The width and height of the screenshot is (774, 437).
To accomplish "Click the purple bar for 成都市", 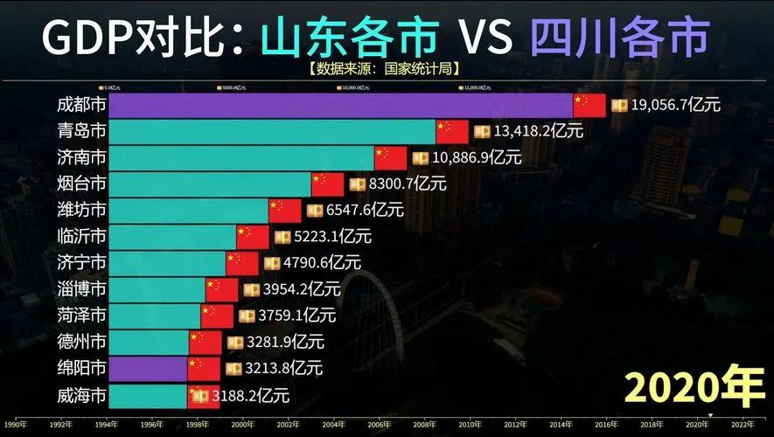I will [341, 106].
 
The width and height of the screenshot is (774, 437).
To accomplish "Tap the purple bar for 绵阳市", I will [149, 368].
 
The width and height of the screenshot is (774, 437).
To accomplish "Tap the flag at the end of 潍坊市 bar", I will [285, 211].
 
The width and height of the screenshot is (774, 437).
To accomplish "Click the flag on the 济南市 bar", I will [391, 158].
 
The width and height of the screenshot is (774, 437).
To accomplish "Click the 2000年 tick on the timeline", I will [242, 425].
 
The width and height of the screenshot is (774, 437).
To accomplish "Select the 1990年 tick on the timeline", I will [15, 425].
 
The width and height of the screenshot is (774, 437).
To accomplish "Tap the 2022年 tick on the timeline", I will [743, 425].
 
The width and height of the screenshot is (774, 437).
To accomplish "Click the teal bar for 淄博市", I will [157, 289].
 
